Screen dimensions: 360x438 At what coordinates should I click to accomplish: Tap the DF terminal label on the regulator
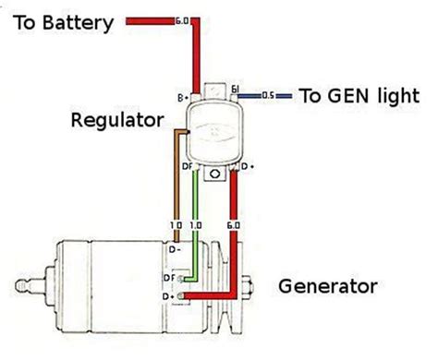point(188,167)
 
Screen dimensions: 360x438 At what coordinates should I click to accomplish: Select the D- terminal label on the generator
point(174,248)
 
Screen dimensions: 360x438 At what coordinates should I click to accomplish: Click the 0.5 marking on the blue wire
point(269,96)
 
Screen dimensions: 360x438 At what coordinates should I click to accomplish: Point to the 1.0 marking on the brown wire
point(174,224)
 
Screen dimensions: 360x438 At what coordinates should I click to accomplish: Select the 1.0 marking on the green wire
point(195,224)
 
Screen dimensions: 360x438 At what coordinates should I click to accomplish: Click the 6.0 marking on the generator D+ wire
point(237,224)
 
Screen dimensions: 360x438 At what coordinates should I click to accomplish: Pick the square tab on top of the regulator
point(213,89)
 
